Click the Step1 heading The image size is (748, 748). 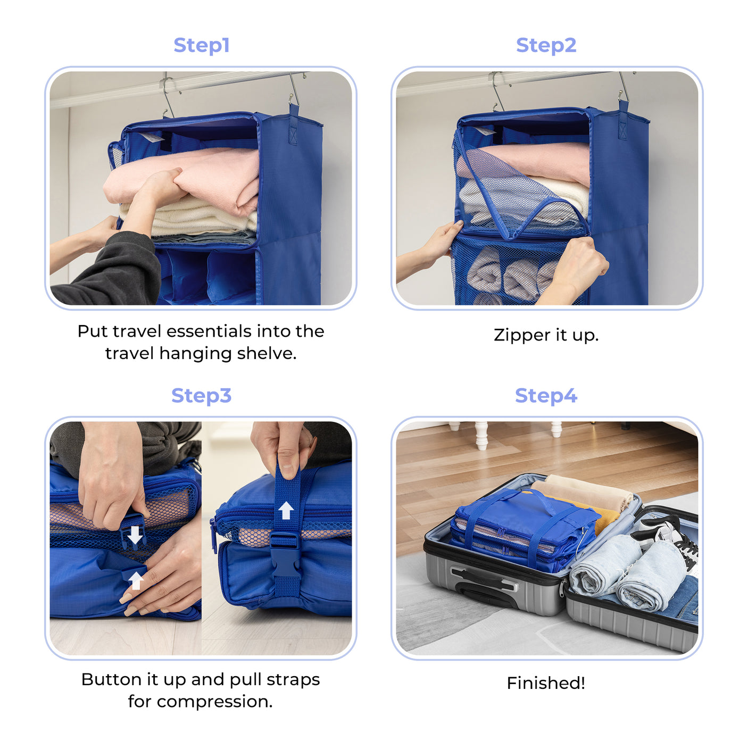click(x=201, y=45)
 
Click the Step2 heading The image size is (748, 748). click(x=546, y=45)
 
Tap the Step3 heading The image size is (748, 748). click(x=201, y=396)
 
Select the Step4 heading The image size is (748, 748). click(x=546, y=396)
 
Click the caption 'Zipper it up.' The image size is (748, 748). click(x=546, y=335)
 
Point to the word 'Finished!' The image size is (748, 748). click(x=546, y=683)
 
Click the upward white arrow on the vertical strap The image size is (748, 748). click(x=286, y=511)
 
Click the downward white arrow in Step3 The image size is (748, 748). click(x=135, y=535)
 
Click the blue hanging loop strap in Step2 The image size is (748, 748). click(x=623, y=122)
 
